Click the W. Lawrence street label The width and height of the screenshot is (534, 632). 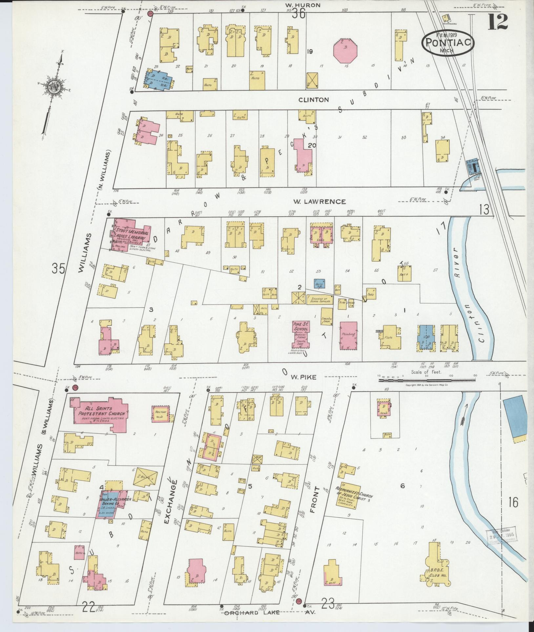point(319,202)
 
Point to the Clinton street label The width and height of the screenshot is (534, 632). point(314,100)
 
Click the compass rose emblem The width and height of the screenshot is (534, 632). point(53,87)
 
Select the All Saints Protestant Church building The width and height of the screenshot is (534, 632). point(100,413)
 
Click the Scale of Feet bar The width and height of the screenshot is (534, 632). point(427,380)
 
